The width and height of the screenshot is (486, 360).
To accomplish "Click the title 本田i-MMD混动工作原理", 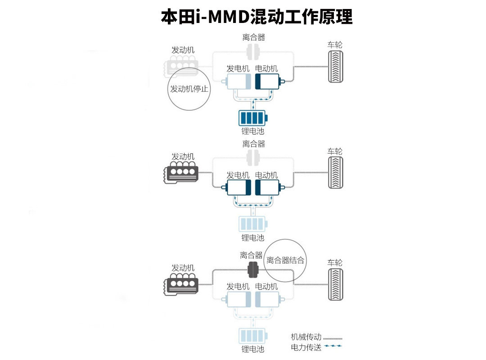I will (256, 16).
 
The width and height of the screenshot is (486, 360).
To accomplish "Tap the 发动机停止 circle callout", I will (189, 89).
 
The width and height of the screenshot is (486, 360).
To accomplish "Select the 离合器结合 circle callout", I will (285, 260).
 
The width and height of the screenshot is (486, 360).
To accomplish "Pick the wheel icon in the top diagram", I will (335, 67).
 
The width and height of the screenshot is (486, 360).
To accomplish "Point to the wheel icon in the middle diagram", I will (335, 172).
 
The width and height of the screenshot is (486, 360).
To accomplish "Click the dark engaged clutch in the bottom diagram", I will (253, 270).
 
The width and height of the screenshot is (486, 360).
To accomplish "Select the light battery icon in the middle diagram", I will (252, 224).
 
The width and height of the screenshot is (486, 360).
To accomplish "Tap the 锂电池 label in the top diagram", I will (252, 131).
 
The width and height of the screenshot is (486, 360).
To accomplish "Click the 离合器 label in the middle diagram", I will (253, 144).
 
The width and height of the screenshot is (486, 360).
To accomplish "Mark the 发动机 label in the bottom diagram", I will (183, 268).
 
